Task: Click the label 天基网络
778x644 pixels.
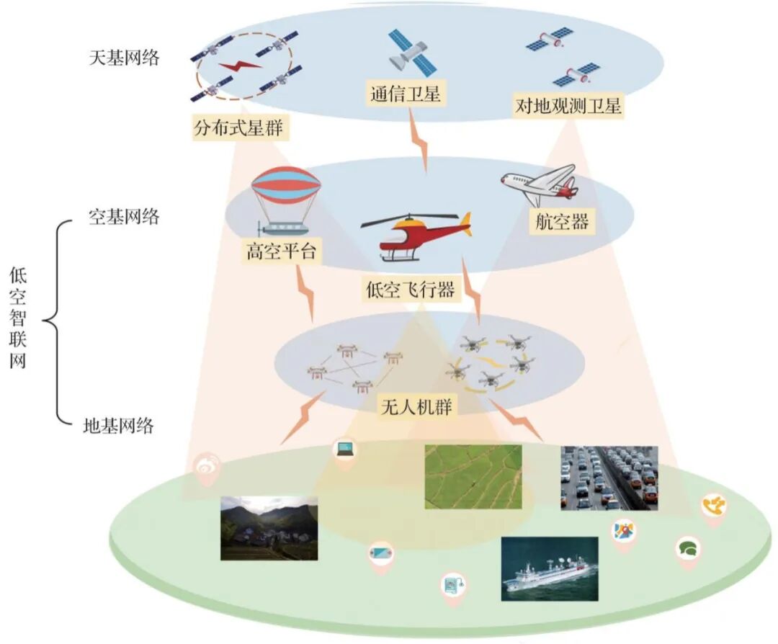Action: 124,58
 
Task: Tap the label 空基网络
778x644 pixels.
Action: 124,217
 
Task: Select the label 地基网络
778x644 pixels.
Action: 119,426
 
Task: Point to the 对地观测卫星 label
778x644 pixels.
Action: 568,107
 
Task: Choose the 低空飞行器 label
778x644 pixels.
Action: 411,290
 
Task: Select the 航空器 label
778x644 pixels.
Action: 563,221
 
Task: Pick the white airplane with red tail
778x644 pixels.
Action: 541,184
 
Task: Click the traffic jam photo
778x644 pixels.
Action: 609,478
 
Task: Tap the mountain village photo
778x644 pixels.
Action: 269,528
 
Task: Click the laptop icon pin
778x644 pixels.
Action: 344,450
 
